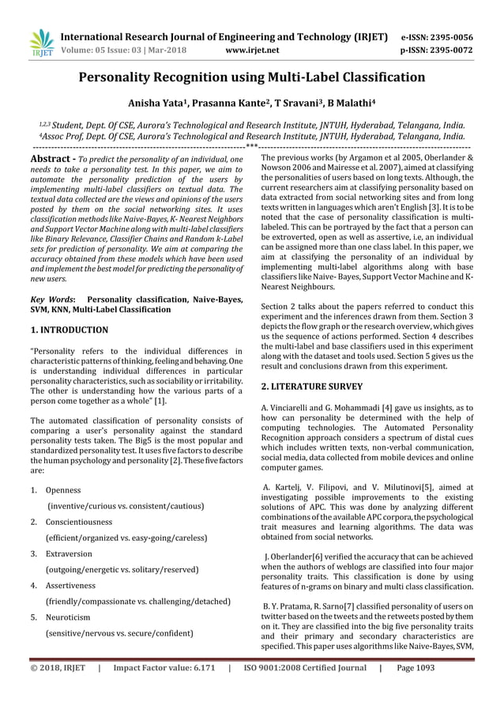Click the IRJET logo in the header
[x=40, y=43]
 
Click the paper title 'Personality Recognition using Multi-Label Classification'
[x=252, y=77]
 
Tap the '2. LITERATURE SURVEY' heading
[x=311, y=387]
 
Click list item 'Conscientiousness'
[x=79, y=522]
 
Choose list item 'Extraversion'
[x=69, y=553]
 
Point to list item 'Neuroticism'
[x=68, y=617]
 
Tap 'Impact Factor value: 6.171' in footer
[x=164, y=689]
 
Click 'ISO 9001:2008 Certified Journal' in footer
[x=304, y=689]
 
